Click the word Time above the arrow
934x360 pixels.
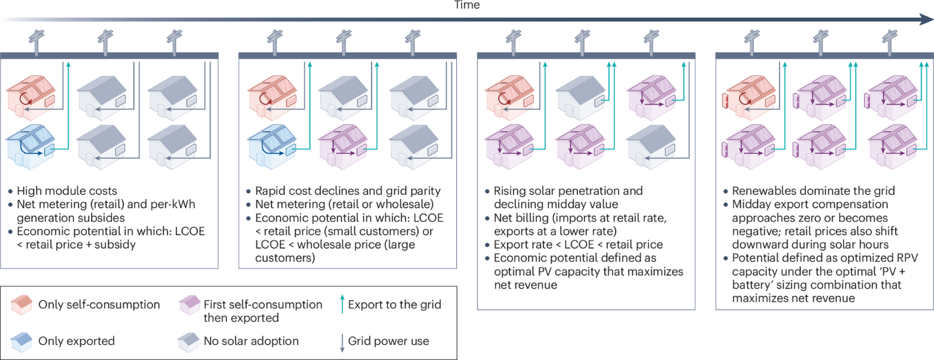point(466,5)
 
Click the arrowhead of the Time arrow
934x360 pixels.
point(926,19)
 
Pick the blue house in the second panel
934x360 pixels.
point(272,146)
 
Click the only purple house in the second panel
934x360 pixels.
point(342,146)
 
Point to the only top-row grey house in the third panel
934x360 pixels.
point(581,98)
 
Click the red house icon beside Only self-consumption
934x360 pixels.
point(22,305)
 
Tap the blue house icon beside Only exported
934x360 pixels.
point(22,342)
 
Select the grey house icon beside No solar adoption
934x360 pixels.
point(189,342)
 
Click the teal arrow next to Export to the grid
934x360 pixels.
point(342,304)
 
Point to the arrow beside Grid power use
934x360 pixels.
point(342,343)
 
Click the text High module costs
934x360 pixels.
point(66,190)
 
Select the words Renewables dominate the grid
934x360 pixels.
point(813,190)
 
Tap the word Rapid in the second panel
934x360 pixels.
point(270,190)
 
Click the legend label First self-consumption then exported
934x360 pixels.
point(263,311)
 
